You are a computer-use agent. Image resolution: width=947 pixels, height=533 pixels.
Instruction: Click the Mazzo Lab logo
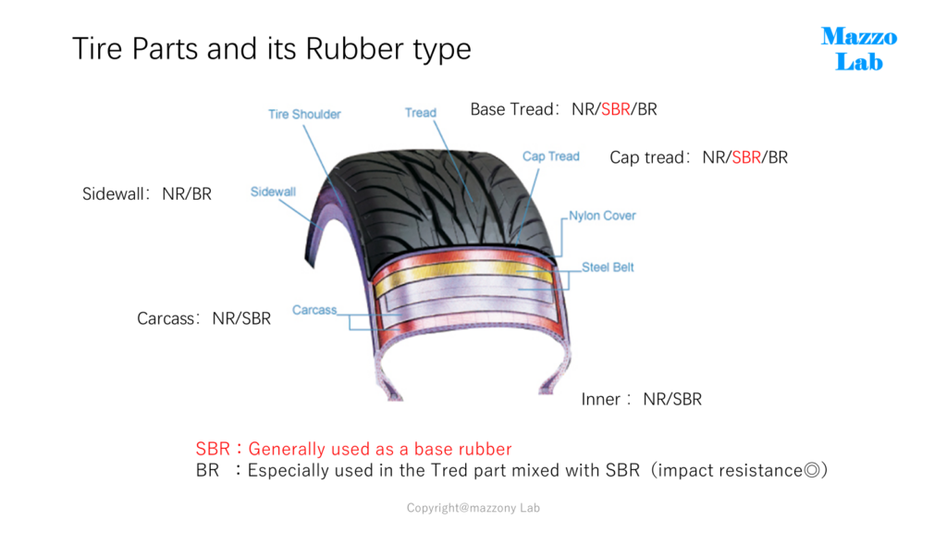[859, 49]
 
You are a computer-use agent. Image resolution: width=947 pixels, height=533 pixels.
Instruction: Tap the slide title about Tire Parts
[271, 49]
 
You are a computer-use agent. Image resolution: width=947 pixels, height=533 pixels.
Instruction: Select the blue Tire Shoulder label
[304, 114]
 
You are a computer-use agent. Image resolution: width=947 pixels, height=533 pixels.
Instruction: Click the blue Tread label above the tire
[421, 113]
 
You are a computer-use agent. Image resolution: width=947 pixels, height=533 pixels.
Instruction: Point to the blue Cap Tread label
[551, 156]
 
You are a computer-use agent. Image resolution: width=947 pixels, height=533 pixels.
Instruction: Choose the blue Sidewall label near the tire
[273, 192]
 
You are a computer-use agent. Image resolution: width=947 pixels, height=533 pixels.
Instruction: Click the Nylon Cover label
[602, 216]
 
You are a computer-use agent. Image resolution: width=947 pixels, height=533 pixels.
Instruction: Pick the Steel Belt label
[608, 267]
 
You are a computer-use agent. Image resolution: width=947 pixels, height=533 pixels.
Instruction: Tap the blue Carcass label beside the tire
[314, 310]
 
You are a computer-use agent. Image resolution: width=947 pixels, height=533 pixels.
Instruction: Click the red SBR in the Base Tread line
[615, 109]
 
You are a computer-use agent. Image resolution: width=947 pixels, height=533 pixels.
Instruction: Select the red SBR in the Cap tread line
[746, 157]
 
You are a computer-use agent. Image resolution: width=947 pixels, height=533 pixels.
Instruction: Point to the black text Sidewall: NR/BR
[147, 194]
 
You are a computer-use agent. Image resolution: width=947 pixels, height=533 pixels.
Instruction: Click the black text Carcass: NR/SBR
[203, 318]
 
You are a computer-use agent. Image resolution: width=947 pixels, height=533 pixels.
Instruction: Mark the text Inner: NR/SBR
[642, 400]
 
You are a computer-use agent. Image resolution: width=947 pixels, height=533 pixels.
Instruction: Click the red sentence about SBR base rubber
[354, 449]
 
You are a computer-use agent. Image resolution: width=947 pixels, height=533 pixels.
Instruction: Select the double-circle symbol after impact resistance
[812, 471]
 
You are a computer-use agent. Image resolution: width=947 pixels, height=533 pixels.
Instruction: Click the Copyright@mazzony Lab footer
[473, 508]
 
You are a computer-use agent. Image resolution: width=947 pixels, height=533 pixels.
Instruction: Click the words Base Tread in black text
[511, 109]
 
